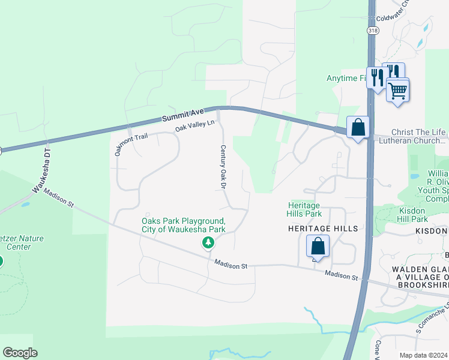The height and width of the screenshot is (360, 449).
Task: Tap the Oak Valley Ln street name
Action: pos(194,126)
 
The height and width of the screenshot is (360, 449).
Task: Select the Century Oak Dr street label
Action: pos(223,167)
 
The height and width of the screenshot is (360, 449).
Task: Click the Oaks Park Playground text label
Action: pos(184,225)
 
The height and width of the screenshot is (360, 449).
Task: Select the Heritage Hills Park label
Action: pos(305,209)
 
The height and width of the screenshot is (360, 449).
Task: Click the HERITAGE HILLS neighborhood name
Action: pos(323,229)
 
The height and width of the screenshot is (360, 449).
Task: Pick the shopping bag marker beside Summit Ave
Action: pos(358,127)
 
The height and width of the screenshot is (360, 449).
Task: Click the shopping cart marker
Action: pos(397,91)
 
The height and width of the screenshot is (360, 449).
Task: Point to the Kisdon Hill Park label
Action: pos(418,215)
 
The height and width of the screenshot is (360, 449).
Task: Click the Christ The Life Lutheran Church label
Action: pos(419,137)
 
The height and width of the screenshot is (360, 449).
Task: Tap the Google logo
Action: pos(20,353)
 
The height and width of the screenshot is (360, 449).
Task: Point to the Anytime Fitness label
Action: pos(346,78)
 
